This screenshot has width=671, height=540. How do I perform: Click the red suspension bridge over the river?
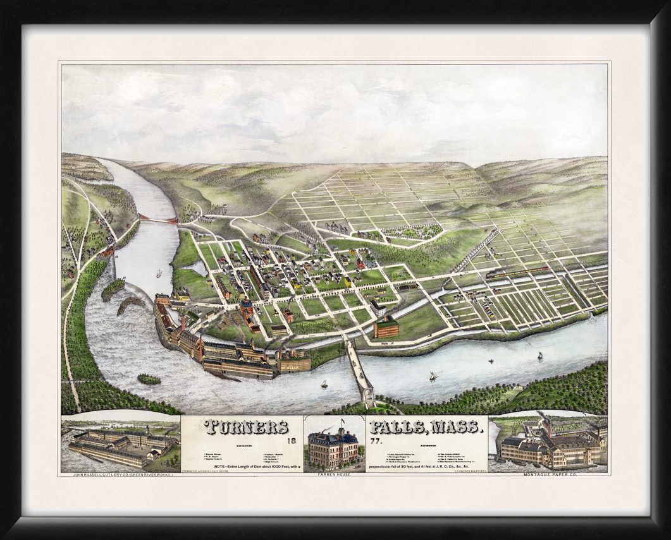[158, 219]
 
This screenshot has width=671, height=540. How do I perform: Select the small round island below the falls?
[149, 379]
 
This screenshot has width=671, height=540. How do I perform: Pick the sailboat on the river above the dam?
[159, 273]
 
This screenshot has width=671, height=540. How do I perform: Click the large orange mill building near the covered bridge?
[386, 328]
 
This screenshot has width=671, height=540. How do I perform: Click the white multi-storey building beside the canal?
[378, 308]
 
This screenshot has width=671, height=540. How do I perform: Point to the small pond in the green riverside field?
[194, 268]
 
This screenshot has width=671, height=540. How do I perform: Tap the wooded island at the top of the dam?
[113, 288]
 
